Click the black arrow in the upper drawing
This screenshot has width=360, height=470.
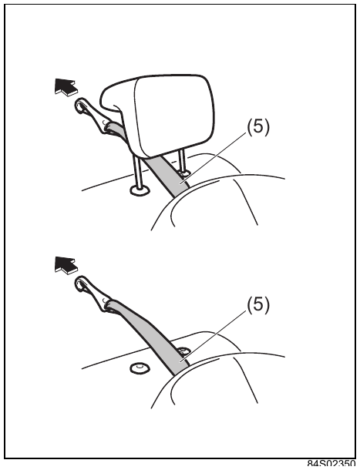point(65,86)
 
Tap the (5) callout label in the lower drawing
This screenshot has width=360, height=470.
point(258,305)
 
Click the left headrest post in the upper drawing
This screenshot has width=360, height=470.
point(137,172)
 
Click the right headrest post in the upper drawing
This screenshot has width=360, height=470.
point(182,161)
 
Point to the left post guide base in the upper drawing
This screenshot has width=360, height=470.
point(140,190)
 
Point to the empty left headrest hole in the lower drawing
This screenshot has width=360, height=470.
point(140,368)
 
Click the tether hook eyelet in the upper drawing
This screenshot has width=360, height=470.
point(80,106)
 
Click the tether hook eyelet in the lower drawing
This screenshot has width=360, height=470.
point(80,284)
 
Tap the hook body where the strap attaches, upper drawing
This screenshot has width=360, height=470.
point(96,122)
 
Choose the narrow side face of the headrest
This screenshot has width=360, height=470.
point(117,99)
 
